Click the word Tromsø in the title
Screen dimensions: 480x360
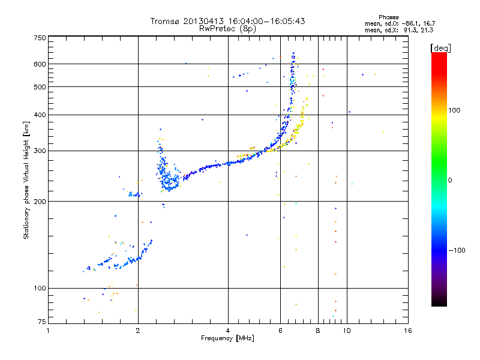164,21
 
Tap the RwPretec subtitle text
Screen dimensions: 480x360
218,28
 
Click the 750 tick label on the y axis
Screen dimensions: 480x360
40,38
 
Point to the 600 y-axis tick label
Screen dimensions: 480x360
40,64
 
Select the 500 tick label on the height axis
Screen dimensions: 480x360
40,87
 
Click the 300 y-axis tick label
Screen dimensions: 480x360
40,151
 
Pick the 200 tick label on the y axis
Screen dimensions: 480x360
40,202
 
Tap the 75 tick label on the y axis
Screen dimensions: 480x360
42,322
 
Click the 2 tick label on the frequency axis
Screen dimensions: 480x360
138,331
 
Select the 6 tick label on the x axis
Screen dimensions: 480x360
280,331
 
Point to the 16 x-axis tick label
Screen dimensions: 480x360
408,331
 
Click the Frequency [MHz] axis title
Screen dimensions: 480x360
227,338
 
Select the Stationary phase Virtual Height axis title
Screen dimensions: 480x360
26,180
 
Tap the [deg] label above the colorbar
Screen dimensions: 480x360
440,48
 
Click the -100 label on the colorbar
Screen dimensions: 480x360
457,250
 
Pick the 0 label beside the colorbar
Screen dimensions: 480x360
450,181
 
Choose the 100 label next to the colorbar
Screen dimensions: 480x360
454,110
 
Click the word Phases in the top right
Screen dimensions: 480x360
388,17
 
